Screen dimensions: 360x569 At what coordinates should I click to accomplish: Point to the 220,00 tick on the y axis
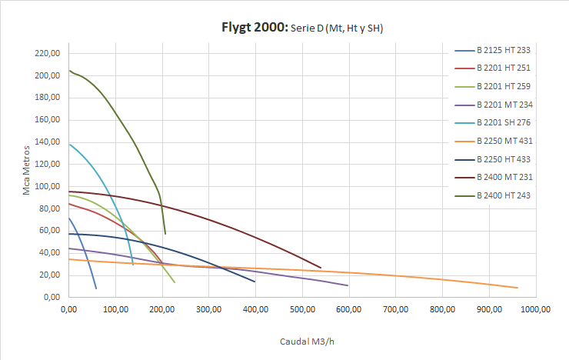click(48, 54)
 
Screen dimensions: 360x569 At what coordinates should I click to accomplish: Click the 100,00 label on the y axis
click(48, 187)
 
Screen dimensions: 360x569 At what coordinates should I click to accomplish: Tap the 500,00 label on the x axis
click(302, 309)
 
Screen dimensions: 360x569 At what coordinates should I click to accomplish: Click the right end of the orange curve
click(517, 288)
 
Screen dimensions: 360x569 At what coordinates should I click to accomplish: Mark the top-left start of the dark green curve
click(69, 70)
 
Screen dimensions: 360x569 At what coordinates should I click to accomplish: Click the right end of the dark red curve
click(321, 268)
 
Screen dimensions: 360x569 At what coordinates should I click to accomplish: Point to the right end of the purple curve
click(348, 285)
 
